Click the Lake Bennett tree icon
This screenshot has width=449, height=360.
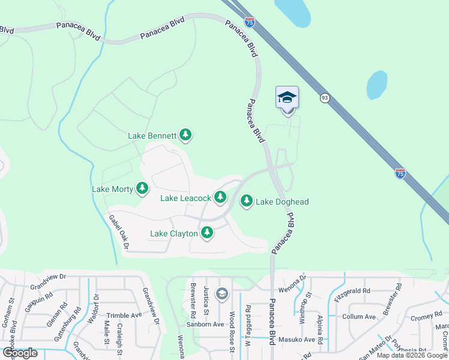pos(186,136)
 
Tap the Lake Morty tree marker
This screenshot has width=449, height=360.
pos(142,189)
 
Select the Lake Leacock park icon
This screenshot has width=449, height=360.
pos(220,197)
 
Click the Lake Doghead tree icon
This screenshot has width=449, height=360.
pos(246,202)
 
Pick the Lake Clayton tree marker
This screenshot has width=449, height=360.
pos(207,233)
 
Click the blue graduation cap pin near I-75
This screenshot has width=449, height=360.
pos(288,97)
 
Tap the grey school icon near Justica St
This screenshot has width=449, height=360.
pos(221,293)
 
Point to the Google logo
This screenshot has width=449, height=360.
pos(20,353)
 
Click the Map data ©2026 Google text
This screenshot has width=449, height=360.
pos(412,355)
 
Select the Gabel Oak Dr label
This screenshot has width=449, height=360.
pos(119,232)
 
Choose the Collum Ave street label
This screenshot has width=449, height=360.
pos(358,316)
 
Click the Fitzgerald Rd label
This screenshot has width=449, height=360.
pos(352,290)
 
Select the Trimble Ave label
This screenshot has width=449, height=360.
pos(124,314)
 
